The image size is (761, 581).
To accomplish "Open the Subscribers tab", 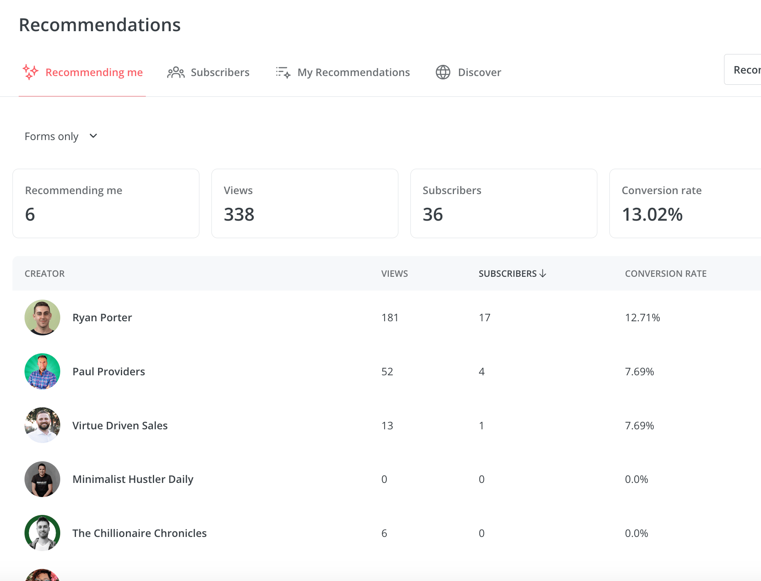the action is [208, 72].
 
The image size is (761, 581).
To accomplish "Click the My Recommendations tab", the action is [343, 72].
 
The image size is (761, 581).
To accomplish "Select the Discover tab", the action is [468, 72].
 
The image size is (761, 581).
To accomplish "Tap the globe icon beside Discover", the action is [443, 72].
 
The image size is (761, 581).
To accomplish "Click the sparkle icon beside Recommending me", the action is [30, 72].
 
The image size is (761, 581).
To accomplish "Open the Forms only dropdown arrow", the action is [93, 136].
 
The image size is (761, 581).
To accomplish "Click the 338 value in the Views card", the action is [239, 214].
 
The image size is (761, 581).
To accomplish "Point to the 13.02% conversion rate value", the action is [652, 214].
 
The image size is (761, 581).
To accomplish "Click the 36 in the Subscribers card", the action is [433, 214].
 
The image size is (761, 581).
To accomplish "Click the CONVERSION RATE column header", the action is [666, 273].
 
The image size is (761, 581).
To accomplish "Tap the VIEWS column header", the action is [395, 273].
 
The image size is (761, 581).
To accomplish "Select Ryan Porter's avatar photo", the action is [42, 318].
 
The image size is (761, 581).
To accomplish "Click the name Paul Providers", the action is [109, 372].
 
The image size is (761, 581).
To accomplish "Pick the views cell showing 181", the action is [390, 318].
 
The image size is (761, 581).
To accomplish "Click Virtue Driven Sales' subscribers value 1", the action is [481, 426].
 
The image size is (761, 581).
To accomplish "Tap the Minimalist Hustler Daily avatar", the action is [42, 479].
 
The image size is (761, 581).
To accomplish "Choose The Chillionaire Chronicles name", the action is [140, 533].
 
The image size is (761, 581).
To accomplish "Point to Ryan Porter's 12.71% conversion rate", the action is [643, 318].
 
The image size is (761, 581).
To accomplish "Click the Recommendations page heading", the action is [100, 25].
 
